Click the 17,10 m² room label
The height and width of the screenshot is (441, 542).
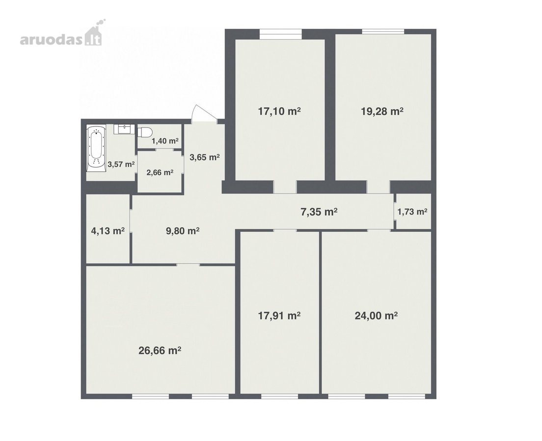pyautogui.click(x=279, y=111)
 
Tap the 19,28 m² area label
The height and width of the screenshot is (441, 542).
pyautogui.click(x=382, y=111)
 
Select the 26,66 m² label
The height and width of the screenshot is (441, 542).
pyautogui.click(x=160, y=350)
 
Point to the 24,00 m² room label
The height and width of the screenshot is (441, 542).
pyautogui.click(x=376, y=316)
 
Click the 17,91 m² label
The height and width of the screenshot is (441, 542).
pyautogui.click(x=279, y=316)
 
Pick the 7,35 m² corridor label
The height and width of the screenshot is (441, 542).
pyautogui.click(x=319, y=212)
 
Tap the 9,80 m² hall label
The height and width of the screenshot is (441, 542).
pyautogui.click(x=183, y=230)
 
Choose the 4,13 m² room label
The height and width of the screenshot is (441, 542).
pyautogui.click(x=108, y=230)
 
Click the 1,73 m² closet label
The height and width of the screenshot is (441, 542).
pyautogui.click(x=412, y=212)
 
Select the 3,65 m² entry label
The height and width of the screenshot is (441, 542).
pyautogui.click(x=205, y=157)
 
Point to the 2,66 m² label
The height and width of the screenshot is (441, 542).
pyautogui.click(x=160, y=172)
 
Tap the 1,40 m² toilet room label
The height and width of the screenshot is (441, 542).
pyautogui.click(x=165, y=141)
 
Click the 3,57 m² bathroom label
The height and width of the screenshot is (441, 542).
pyautogui.click(x=121, y=164)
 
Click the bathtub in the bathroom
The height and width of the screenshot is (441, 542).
pyautogui.click(x=96, y=148)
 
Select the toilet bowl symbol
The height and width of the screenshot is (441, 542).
pyautogui.click(x=145, y=132)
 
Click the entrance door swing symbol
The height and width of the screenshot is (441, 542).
pyautogui.click(x=204, y=113)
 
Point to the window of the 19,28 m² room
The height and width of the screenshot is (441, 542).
pyautogui.click(x=383, y=32)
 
